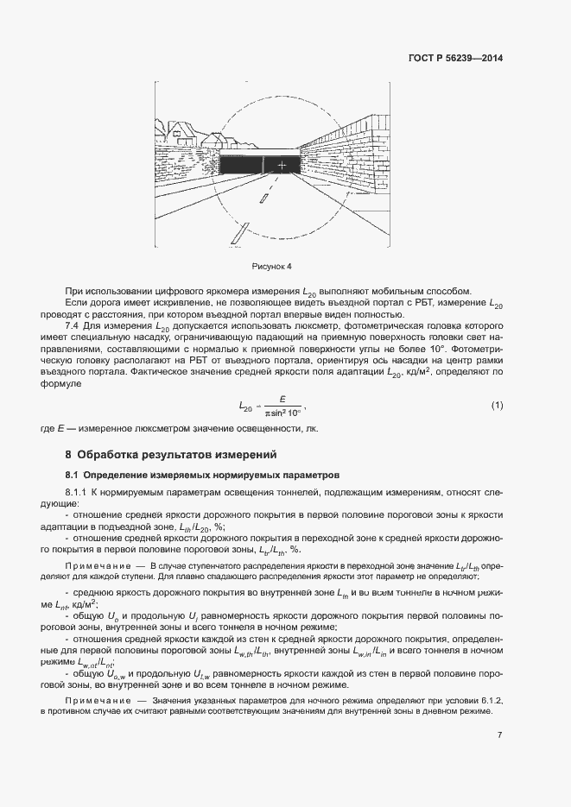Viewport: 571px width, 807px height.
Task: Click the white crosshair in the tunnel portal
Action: pyautogui.click(x=281, y=164)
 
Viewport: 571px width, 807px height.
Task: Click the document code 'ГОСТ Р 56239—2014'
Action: pyautogui.click(x=455, y=59)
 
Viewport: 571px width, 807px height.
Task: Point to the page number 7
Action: pyautogui.click(x=499, y=734)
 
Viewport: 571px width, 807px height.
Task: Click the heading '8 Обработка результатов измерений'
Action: pyautogui.click(x=171, y=454)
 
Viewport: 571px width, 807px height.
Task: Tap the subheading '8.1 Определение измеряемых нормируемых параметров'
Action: pyautogui.click(x=203, y=475)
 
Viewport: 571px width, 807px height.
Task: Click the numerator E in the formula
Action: pyautogui.click(x=270, y=399)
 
